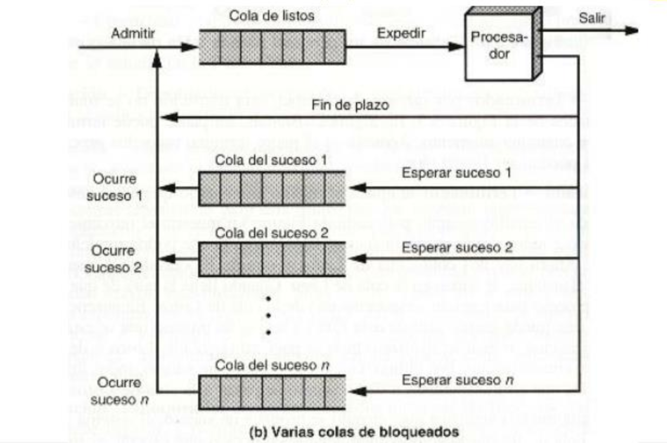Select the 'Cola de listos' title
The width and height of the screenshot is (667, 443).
(272, 16)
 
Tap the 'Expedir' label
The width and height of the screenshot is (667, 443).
(401, 33)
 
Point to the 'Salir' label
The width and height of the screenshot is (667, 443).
(591, 17)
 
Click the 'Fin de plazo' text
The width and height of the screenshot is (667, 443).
(349, 105)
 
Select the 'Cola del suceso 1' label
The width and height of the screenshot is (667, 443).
(271, 161)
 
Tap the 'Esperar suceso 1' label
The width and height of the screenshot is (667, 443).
(457, 173)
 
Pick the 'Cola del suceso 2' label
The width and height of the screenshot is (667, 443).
(271, 233)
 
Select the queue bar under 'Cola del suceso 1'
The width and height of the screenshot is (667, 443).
(272, 187)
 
